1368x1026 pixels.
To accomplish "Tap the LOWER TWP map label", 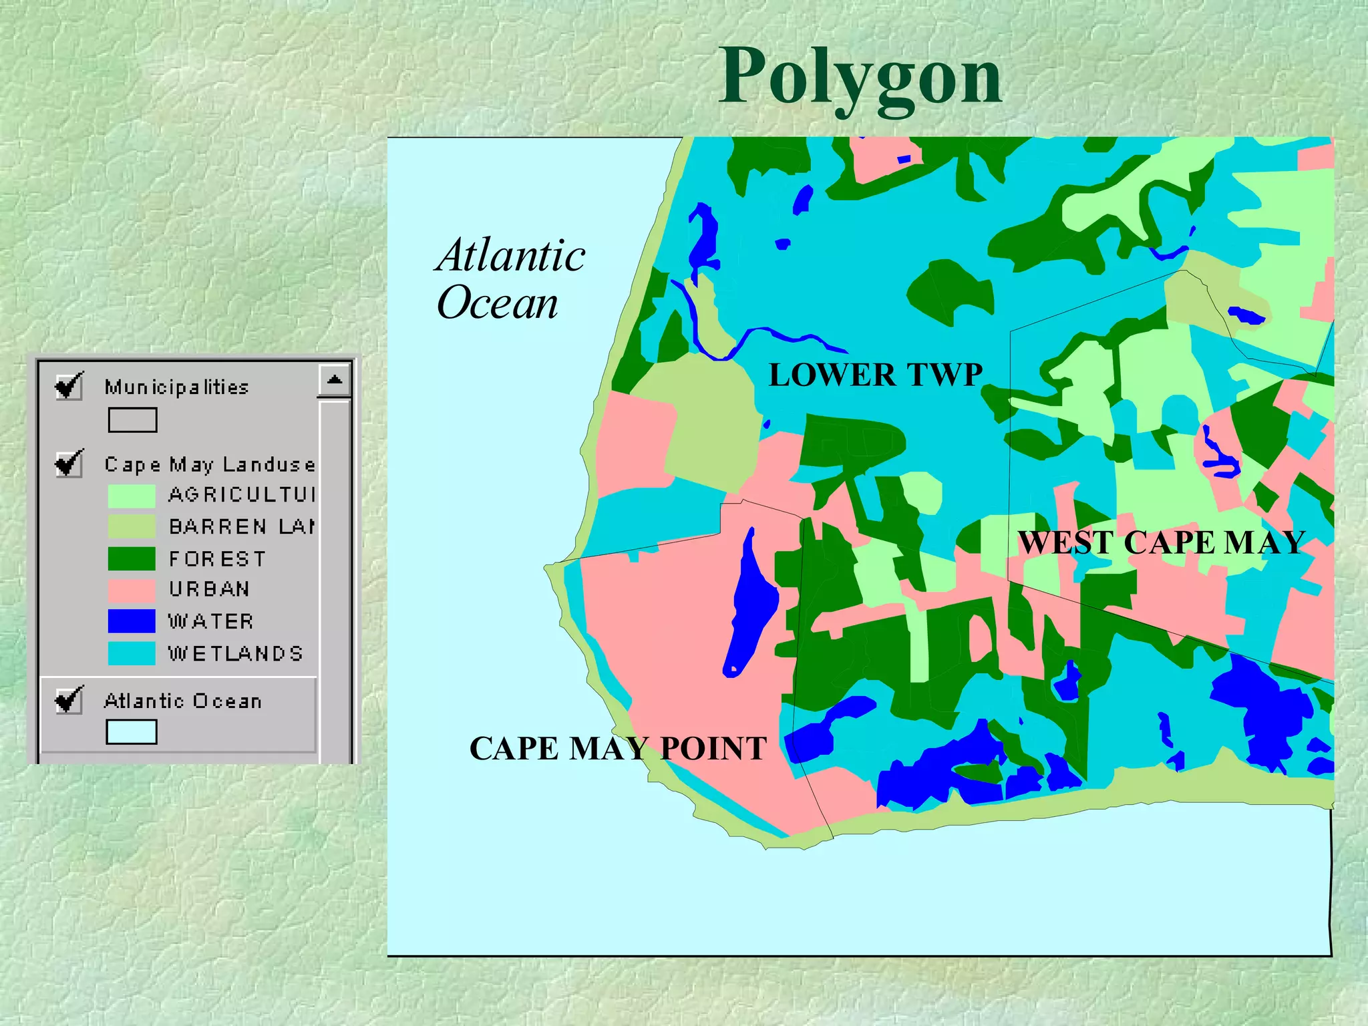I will click(x=875, y=375).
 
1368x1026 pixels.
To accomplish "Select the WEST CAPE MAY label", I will click(x=1161, y=542).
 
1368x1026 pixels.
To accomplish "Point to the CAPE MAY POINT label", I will click(x=618, y=748).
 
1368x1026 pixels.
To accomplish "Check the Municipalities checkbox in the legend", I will click(x=69, y=386).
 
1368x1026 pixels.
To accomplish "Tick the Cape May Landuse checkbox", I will click(x=69, y=464).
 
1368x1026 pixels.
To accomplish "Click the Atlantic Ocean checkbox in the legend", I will click(x=69, y=700).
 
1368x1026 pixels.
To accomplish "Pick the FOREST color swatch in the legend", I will click(x=132, y=558).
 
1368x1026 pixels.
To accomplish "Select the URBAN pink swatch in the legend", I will click(x=132, y=590).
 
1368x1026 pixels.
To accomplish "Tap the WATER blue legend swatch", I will click(x=132, y=621).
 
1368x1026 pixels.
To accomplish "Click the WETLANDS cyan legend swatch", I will click(x=132, y=653).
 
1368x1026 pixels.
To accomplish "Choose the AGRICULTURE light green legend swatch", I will click(x=132, y=496).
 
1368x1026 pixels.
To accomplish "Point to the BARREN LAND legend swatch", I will click(x=132, y=527).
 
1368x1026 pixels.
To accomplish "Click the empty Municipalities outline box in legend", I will click(x=132, y=420).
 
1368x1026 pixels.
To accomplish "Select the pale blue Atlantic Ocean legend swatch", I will click(x=132, y=732).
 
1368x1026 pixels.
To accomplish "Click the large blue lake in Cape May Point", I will click(x=751, y=608).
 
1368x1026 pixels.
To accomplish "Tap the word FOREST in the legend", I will click(x=217, y=558).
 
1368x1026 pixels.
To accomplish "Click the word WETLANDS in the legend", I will click(x=235, y=653).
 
